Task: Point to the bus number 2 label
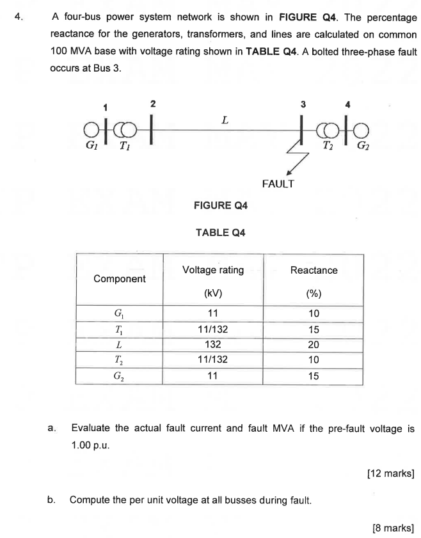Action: click(152, 103)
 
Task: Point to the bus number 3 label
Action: click(303, 104)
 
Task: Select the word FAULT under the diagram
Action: click(278, 184)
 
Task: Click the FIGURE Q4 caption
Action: click(220, 205)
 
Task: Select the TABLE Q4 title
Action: click(220, 233)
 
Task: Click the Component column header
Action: click(119, 279)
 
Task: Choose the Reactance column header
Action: click(314, 271)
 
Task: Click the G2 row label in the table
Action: click(119, 376)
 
